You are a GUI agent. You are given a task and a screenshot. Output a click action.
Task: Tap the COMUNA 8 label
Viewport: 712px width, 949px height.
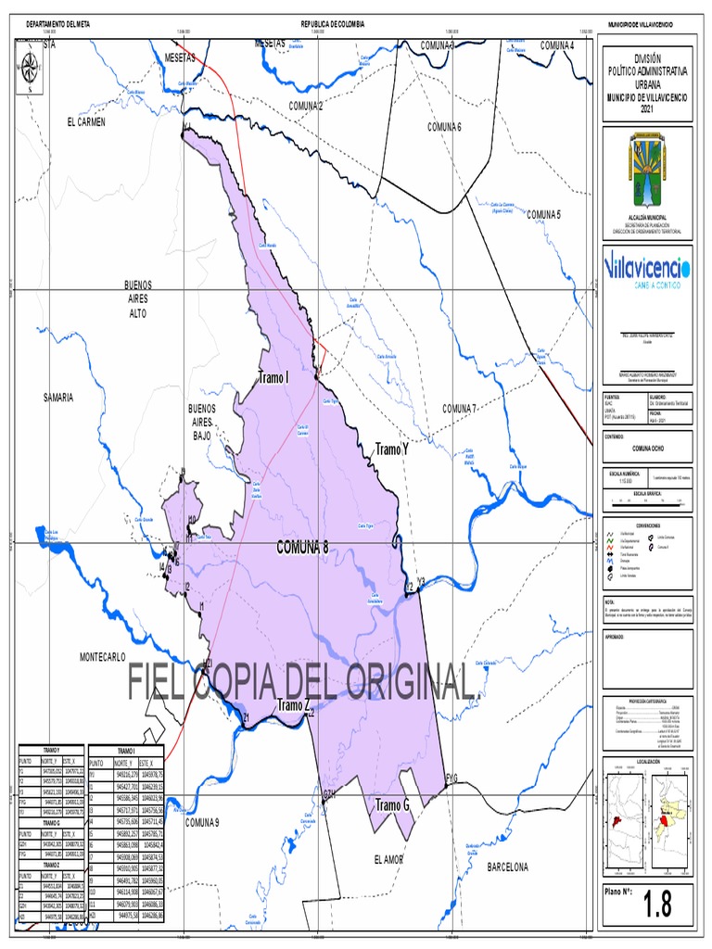point(302,548)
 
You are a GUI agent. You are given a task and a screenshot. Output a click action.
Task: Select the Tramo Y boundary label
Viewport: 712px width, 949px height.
point(391,449)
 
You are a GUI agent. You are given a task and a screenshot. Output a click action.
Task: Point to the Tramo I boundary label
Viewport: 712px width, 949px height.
point(274,378)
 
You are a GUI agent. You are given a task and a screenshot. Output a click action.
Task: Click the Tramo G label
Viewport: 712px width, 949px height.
point(392,805)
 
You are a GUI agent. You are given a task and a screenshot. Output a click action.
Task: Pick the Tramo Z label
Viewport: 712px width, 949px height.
point(293,706)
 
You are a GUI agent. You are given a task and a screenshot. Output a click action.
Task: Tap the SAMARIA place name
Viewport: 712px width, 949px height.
point(57,397)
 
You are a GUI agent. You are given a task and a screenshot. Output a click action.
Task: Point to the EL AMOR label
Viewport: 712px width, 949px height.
point(388,860)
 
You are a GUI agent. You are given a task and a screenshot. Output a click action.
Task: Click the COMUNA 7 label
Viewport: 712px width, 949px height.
point(459,409)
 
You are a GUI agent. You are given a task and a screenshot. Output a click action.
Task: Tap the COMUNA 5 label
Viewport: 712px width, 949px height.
point(544,214)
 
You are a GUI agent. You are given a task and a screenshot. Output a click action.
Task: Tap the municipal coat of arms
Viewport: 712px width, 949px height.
point(646,171)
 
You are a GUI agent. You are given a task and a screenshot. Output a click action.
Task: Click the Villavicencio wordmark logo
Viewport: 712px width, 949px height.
point(646,269)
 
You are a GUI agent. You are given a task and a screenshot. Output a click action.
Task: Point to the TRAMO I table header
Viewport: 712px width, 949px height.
point(125,751)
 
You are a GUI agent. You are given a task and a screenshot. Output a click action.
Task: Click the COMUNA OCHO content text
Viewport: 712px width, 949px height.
point(647,448)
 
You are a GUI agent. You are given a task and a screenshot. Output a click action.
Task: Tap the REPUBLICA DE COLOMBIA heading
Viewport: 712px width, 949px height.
point(332,23)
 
